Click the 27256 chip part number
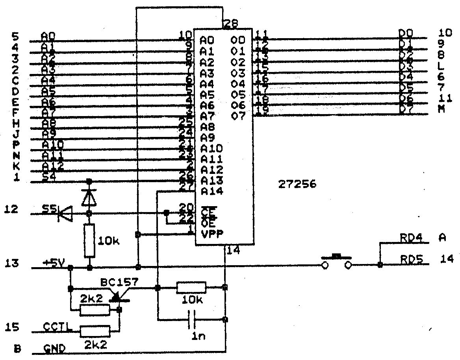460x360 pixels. pyautogui.click(x=297, y=185)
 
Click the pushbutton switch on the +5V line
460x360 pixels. pyautogui.click(x=336, y=262)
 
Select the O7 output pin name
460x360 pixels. pyautogui.click(x=239, y=116)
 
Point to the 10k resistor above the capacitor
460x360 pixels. pyautogui.click(x=191, y=288)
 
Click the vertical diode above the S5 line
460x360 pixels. pyautogui.click(x=89, y=197)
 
